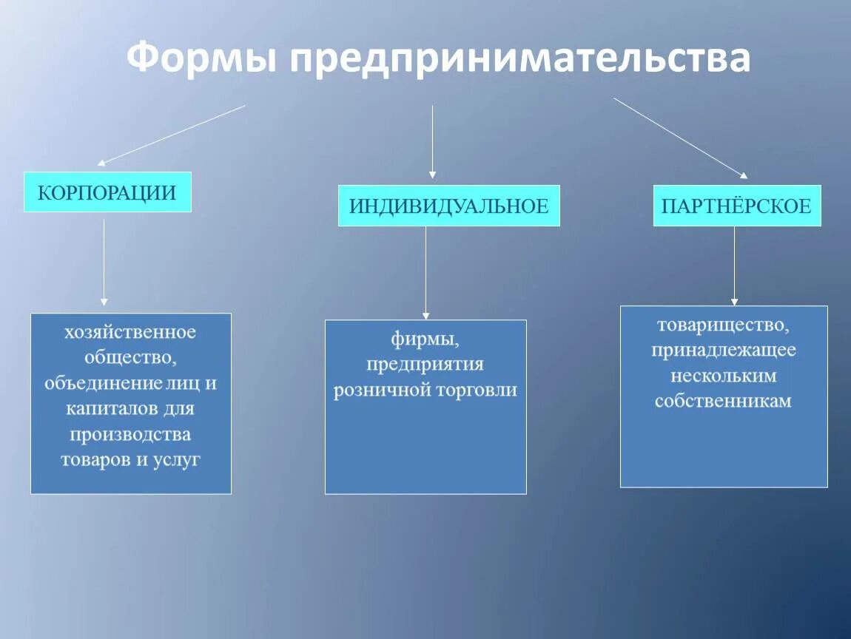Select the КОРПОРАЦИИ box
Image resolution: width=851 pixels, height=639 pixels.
[x=107, y=192]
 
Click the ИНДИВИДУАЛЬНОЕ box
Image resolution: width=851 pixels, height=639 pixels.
[x=448, y=206]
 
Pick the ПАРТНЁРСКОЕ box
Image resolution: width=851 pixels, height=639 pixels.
[x=736, y=206]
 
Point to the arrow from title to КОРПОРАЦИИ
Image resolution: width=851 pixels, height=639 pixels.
[x=172, y=135]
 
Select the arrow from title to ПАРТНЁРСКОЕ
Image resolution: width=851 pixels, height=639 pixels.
[x=681, y=138]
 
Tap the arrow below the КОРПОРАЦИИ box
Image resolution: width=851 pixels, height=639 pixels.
[x=104, y=263]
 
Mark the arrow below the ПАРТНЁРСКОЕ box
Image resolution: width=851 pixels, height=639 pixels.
[x=734, y=266]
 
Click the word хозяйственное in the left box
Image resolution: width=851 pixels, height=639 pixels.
[x=130, y=332]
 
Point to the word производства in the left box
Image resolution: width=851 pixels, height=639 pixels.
[x=130, y=433]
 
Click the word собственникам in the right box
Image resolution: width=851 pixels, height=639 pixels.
[x=723, y=402]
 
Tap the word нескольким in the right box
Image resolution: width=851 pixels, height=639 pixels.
[x=723, y=376]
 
